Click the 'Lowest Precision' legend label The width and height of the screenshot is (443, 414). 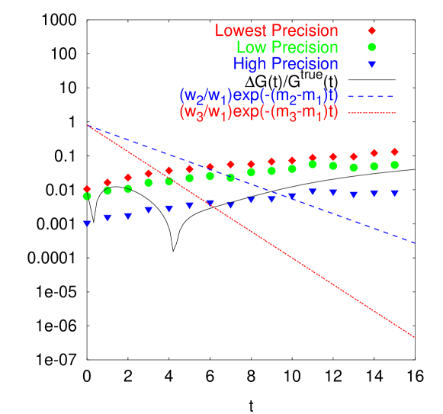pyautogui.click(x=277, y=31)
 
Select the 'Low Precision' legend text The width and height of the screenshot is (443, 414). pyautogui.click(x=287, y=48)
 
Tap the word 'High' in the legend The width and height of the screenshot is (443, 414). pyautogui.click(x=249, y=65)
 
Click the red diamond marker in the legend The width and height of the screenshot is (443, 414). pyautogui.click(x=372, y=31)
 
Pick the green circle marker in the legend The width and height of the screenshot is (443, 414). pyautogui.click(x=372, y=48)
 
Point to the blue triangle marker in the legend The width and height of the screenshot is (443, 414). pyautogui.click(x=372, y=66)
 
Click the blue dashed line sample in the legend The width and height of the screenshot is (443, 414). pyautogui.click(x=371, y=97)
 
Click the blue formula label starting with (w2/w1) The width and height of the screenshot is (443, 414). pyautogui.click(x=258, y=96)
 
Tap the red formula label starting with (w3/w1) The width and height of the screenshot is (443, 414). pyautogui.click(x=258, y=112)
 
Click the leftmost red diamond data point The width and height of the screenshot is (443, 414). pyautogui.click(x=87, y=189)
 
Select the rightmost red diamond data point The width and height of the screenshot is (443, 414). pyautogui.click(x=394, y=152)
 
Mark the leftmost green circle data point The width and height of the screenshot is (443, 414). pyautogui.click(x=87, y=196)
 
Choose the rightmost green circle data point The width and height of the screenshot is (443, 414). pyautogui.click(x=394, y=165)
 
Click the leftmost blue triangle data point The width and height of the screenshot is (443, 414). pyautogui.click(x=87, y=223)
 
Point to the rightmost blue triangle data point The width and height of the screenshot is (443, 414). pyautogui.click(x=394, y=194)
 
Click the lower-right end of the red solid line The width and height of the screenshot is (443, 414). pyautogui.click(x=414, y=336)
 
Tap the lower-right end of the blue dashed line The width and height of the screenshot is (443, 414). pyautogui.click(x=414, y=243)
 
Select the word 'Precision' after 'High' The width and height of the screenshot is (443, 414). pyautogui.click(x=304, y=65)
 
